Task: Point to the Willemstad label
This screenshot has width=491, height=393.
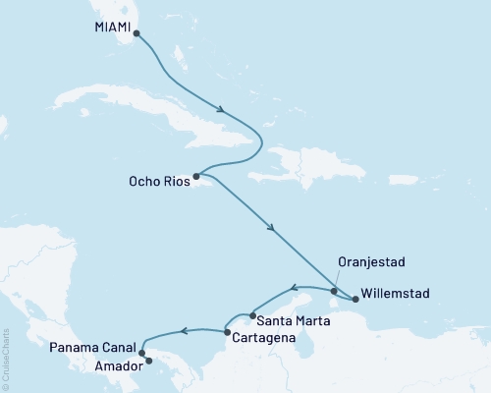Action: point(394,292)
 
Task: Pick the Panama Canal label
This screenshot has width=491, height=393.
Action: point(92,349)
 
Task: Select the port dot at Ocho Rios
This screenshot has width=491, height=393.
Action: point(196,177)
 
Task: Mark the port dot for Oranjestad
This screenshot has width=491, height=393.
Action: point(334,291)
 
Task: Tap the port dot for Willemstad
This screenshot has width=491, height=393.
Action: point(355,299)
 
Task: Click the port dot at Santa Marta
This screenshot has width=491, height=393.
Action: point(253,316)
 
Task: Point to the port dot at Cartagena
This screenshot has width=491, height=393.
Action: point(228,333)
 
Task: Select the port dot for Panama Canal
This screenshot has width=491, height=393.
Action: point(142,353)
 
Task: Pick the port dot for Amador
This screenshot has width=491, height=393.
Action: point(149,361)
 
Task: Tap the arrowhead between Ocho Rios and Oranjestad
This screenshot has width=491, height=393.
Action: point(272,230)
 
